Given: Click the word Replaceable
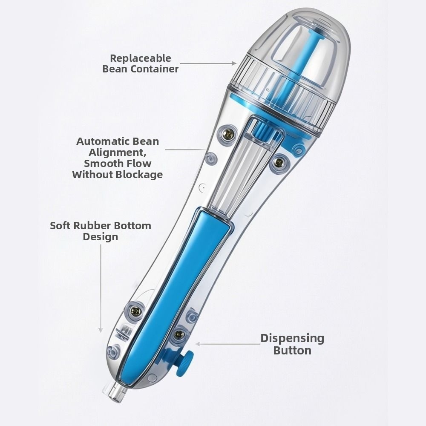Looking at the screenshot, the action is (141, 58).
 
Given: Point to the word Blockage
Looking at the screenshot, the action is (139, 174).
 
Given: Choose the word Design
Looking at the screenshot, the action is (101, 236).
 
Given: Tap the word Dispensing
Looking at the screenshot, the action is (292, 339).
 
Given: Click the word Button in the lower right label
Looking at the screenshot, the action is (292, 351).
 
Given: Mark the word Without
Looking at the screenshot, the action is (92, 174).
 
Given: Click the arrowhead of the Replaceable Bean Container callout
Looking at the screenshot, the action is (234, 63).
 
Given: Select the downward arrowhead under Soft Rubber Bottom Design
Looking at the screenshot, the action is (101, 331).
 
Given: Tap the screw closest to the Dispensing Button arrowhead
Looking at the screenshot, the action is (178, 334).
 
